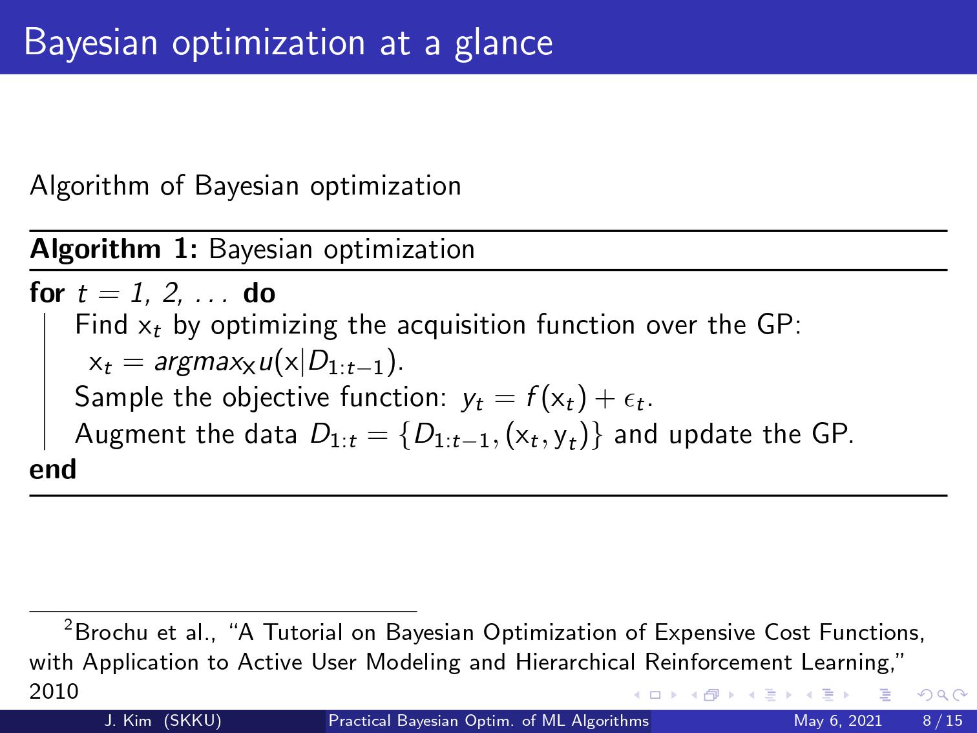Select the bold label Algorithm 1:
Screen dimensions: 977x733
point(114,250)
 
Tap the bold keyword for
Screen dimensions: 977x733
point(47,293)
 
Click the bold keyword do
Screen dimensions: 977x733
point(260,293)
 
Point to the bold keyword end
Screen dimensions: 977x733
point(53,469)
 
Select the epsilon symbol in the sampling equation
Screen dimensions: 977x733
point(629,400)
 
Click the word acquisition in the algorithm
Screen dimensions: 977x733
point(461,325)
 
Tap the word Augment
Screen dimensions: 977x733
point(130,434)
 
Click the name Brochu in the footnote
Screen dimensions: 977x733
point(111,632)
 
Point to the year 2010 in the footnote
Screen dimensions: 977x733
point(54,692)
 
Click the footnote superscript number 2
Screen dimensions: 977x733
point(68,625)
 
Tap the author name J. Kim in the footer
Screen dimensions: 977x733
point(128,721)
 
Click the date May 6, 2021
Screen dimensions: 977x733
point(837,721)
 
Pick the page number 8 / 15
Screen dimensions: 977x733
point(943,721)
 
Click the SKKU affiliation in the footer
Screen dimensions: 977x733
point(193,721)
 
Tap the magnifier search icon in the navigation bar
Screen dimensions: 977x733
point(942,695)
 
